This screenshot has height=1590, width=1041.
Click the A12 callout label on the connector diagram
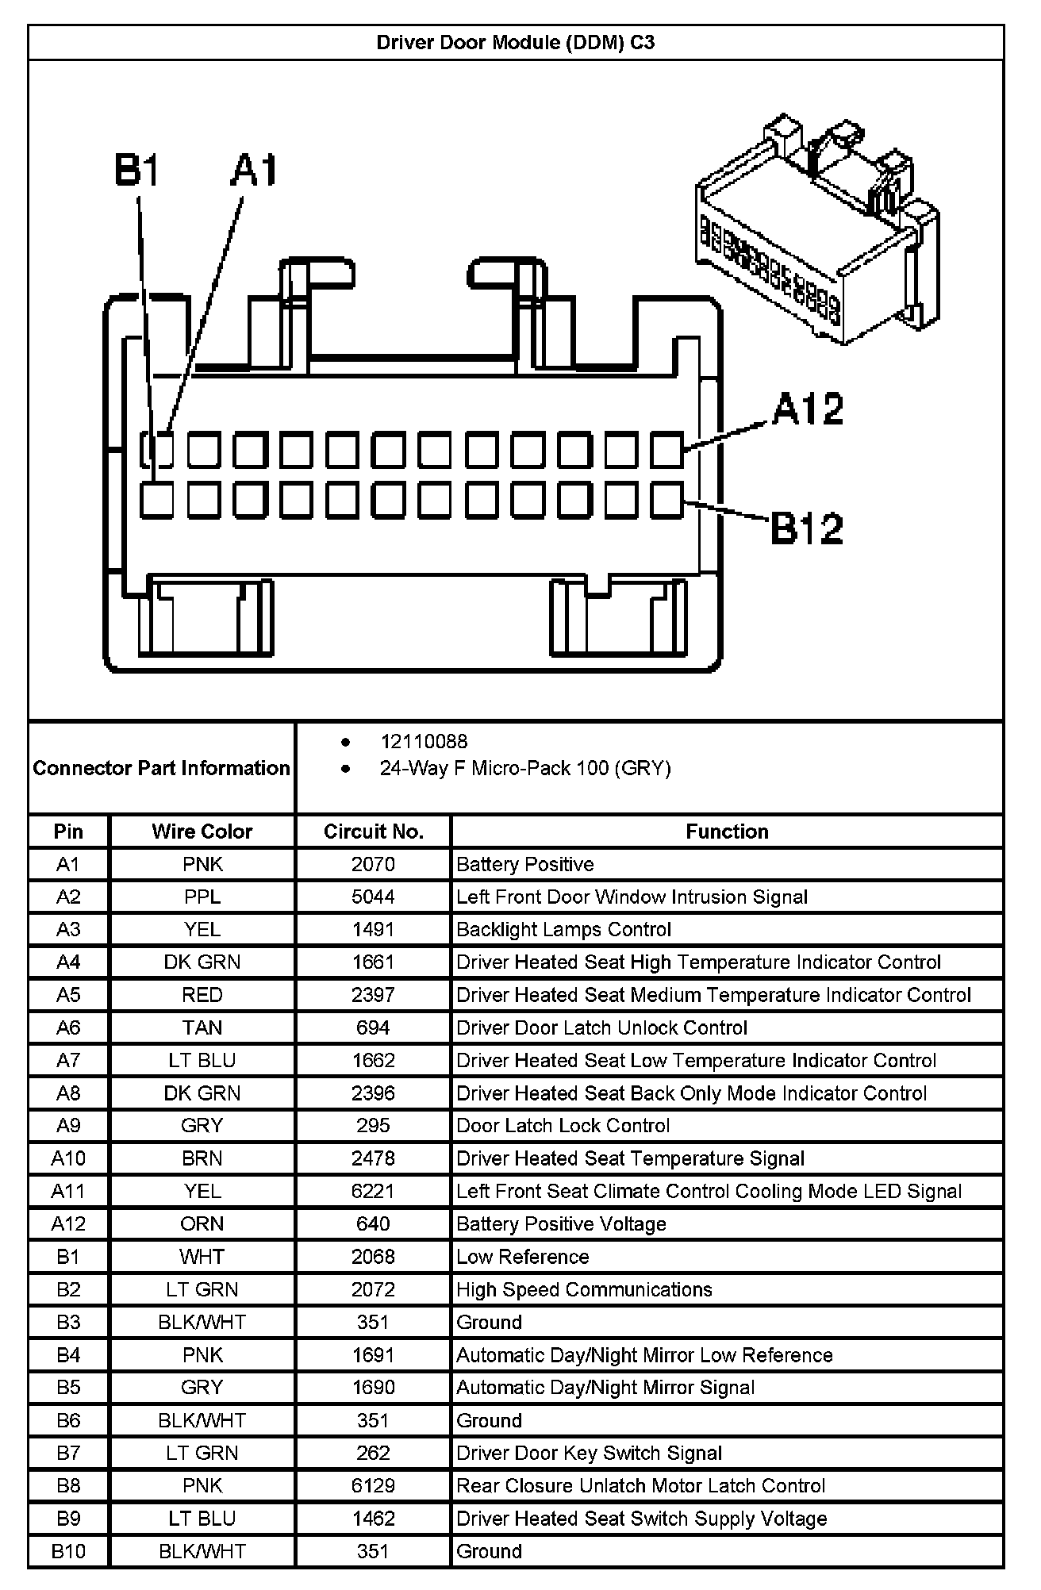pos(808,409)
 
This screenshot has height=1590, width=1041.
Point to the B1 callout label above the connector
pos(137,171)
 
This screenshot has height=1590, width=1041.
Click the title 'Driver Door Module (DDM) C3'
pos(516,43)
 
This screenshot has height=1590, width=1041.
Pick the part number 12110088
pos(424,742)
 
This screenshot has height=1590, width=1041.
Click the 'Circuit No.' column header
pos(374,831)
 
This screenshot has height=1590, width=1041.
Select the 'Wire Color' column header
pos(202,831)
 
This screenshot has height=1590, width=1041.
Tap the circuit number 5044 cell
pos(373,897)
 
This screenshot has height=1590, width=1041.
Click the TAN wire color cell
pos(202,1028)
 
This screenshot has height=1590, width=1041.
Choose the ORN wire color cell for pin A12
pos(202,1224)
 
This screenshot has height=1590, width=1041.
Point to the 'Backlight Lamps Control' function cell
pos(563,930)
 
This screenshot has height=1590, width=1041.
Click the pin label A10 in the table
pos(68,1159)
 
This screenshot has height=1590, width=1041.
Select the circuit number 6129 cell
pos(373,1486)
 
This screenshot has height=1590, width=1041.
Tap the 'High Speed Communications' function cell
pos(584,1290)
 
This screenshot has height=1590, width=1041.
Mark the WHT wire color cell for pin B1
pos(202,1257)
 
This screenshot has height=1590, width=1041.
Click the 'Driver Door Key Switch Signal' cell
pos(589,1454)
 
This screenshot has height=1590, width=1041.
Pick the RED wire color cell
pos(202,996)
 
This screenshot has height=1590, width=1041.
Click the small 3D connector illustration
pos(817,230)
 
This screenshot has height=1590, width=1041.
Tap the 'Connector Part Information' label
pos(162,768)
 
